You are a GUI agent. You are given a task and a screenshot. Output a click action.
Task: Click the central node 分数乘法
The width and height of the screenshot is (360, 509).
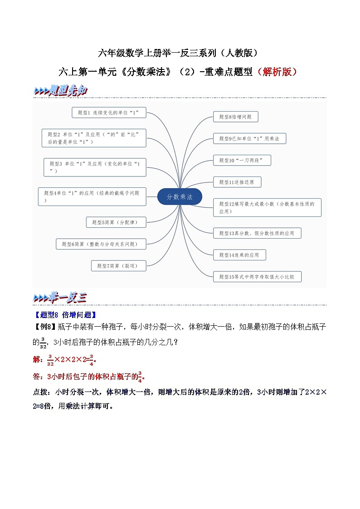click(x=180, y=197)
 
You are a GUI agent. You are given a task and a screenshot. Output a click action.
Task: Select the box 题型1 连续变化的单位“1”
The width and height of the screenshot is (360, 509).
click(x=109, y=112)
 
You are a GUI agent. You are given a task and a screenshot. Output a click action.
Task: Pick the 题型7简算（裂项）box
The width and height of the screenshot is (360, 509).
click(x=118, y=266)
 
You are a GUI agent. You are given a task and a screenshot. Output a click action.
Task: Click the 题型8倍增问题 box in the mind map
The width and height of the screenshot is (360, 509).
click(x=235, y=117)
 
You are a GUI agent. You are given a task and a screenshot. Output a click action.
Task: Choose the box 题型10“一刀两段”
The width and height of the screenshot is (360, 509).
click(x=242, y=160)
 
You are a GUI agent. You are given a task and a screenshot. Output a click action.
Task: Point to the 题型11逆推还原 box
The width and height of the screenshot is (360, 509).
click(x=237, y=182)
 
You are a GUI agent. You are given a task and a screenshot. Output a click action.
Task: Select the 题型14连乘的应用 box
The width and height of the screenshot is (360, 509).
click(x=239, y=255)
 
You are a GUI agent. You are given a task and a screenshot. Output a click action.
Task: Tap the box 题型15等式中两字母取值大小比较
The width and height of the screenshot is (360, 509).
click(x=257, y=276)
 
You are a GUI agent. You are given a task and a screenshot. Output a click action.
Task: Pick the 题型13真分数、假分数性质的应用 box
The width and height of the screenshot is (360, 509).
click(x=257, y=233)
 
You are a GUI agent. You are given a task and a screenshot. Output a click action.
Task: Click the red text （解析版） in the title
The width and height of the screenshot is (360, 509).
click(x=277, y=72)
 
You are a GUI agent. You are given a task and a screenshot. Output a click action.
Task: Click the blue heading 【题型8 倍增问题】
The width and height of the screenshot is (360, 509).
click(x=65, y=315)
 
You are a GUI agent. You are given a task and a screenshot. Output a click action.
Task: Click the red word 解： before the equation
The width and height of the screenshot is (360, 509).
click(x=39, y=360)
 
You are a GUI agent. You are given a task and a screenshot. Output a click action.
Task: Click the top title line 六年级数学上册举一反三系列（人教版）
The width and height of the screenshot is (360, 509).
click(x=180, y=53)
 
